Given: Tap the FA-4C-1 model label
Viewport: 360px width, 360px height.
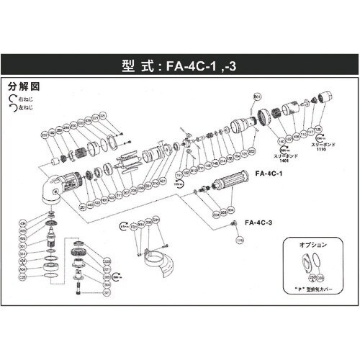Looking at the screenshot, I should click(267, 173).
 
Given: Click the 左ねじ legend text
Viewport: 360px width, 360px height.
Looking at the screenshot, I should click(23, 107).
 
